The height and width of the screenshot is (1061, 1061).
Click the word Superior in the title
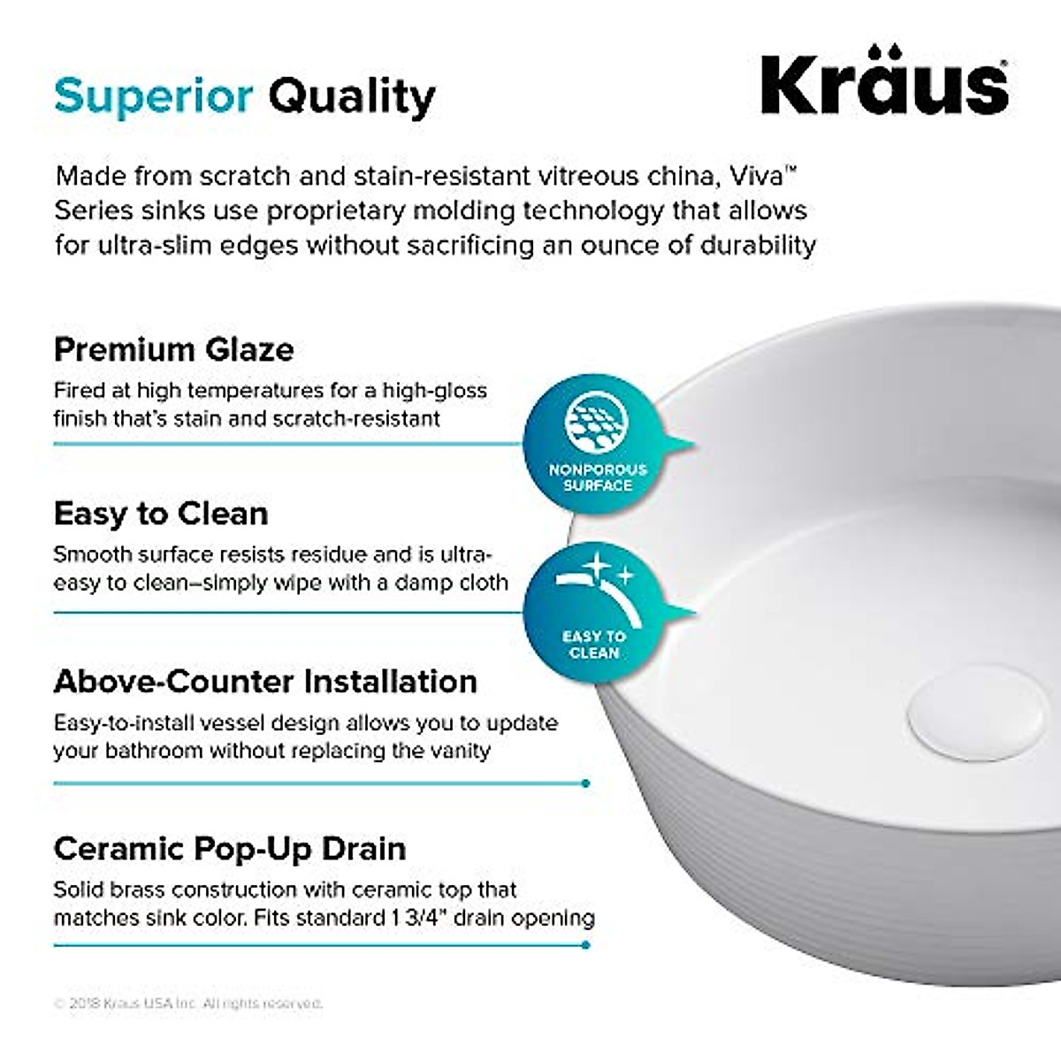point(153,95)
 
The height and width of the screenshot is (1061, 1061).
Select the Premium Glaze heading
point(173,349)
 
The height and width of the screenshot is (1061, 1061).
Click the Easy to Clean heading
point(160,514)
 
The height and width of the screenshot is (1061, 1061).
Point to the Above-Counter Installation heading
point(265,682)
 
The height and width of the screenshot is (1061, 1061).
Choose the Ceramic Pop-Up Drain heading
point(230,849)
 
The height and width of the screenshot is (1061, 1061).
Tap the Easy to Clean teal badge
point(595,610)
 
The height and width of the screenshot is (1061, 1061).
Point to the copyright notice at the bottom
point(188,1004)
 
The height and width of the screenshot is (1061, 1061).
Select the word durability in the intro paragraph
point(758,245)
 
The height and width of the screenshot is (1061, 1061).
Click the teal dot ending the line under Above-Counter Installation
point(586,783)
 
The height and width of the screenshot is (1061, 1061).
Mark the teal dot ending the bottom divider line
point(586,945)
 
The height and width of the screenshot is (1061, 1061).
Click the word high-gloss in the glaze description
point(438,391)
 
